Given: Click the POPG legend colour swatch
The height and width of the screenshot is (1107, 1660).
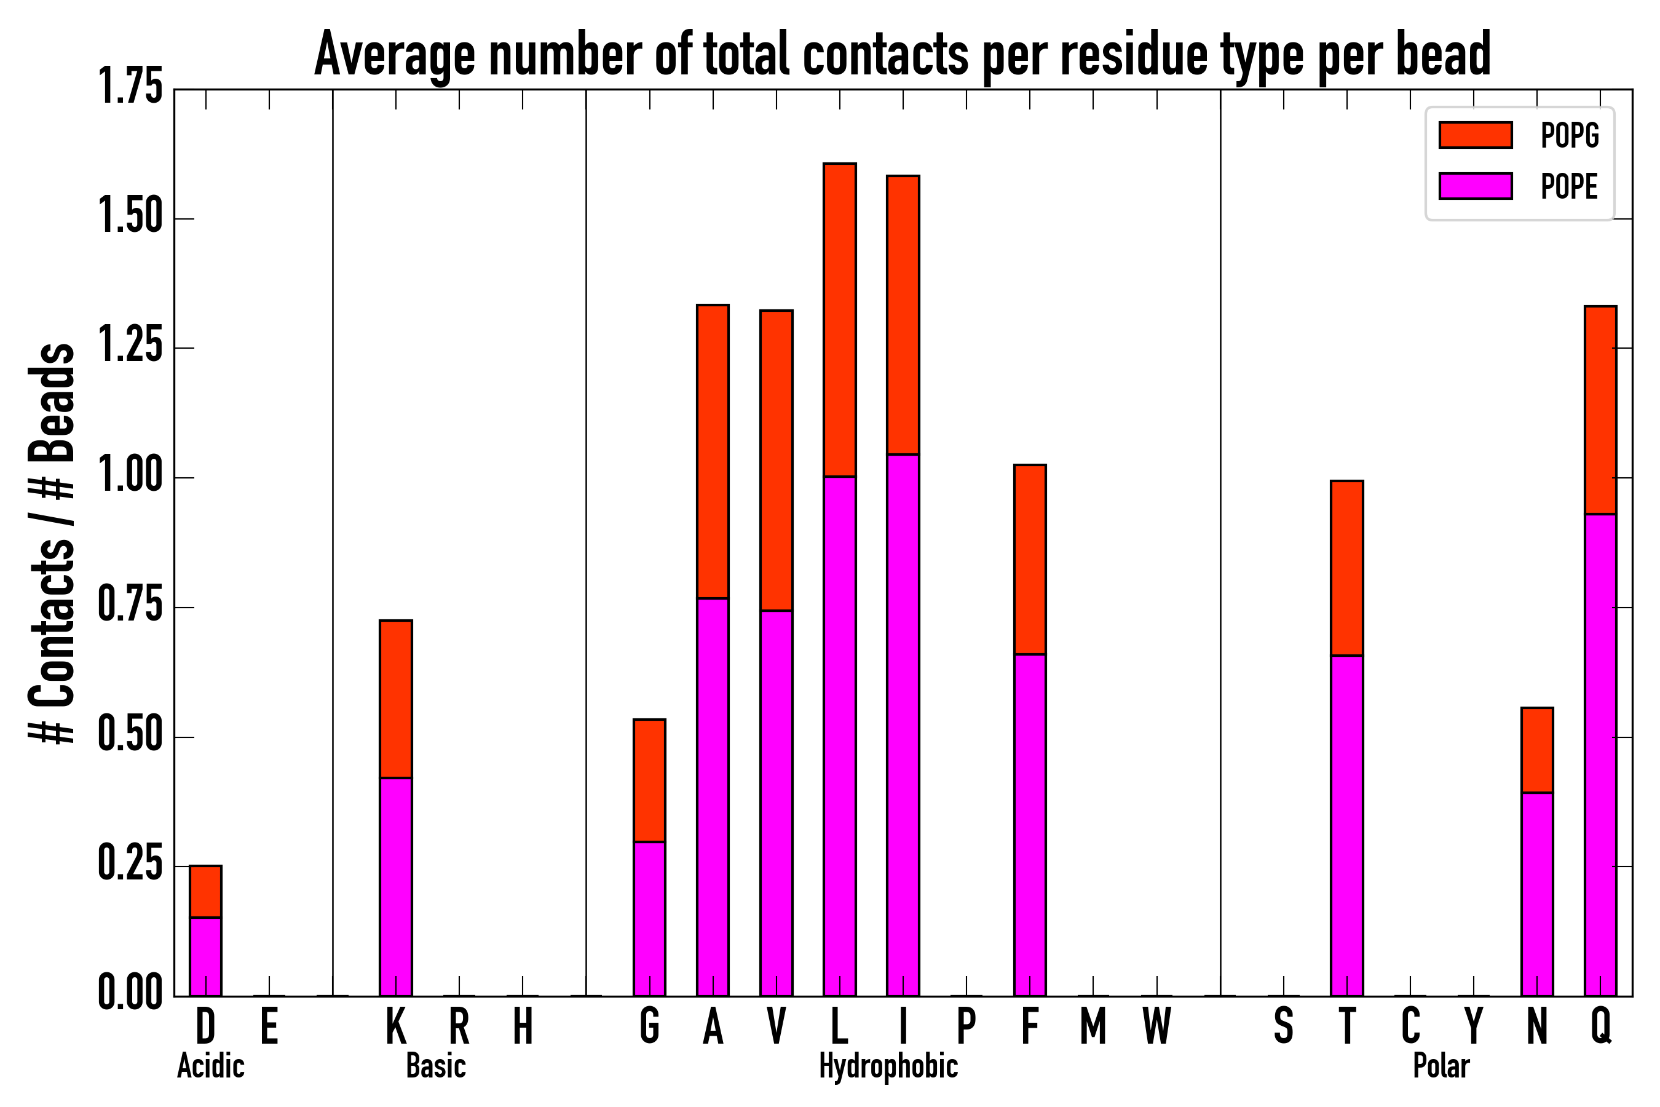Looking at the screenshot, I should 1475,135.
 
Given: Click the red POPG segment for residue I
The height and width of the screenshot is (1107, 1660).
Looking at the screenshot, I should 903,314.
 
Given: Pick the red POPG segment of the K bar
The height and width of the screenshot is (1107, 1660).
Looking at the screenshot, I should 396,699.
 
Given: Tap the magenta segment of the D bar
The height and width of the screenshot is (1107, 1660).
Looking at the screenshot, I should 205,956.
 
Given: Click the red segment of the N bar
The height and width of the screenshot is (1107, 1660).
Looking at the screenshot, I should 1537,750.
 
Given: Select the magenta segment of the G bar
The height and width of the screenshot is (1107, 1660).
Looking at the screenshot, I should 649,918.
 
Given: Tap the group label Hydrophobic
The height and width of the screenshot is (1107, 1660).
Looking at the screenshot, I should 888,1066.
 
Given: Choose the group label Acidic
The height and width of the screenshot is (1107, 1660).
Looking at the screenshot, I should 211,1066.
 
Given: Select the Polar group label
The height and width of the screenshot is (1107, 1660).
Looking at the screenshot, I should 1441,1066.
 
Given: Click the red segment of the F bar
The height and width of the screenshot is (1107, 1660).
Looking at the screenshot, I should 1030,559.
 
